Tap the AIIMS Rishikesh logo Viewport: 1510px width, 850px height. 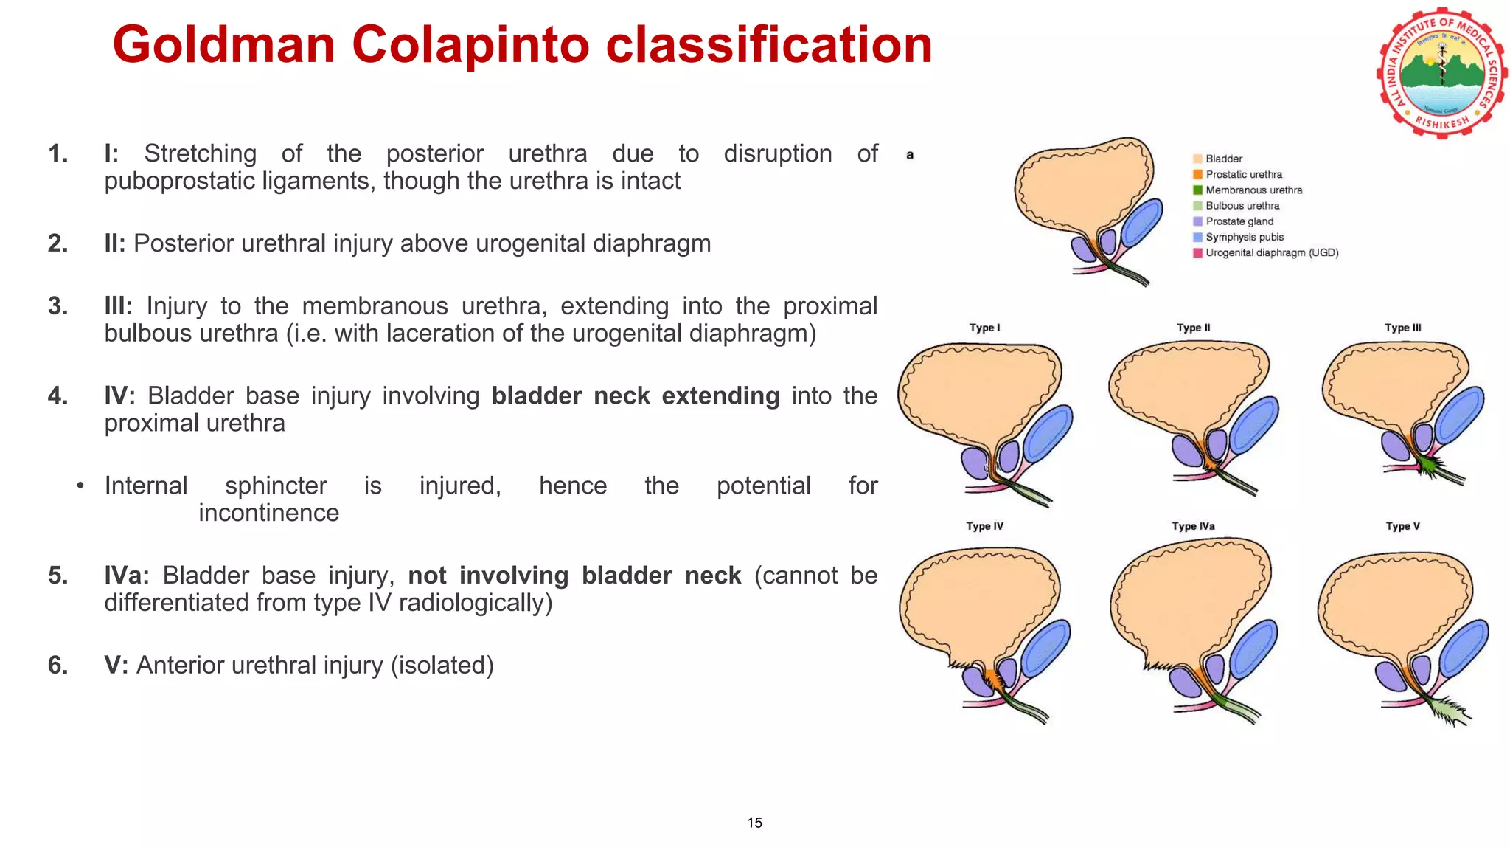[1441, 72]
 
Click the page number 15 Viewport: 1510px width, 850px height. [754, 823]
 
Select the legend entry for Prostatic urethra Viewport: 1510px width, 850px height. [1243, 174]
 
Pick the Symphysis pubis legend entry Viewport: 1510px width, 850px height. [1244, 237]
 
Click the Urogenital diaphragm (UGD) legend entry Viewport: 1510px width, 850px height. [1271, 252]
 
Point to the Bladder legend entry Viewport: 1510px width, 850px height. [1223, 159]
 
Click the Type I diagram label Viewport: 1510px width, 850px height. [984, 328]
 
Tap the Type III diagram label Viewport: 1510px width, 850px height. [1402, 328]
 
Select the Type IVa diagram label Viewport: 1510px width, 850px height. [1193, 526]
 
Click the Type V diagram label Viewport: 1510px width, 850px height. [1402, 526]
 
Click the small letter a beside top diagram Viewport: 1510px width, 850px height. [910, 155]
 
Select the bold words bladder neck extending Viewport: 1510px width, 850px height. [635, 396]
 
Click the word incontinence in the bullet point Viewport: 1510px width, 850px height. [268, 513]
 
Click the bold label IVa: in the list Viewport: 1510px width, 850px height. [126, 576]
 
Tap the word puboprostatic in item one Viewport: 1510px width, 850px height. [173, 181]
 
